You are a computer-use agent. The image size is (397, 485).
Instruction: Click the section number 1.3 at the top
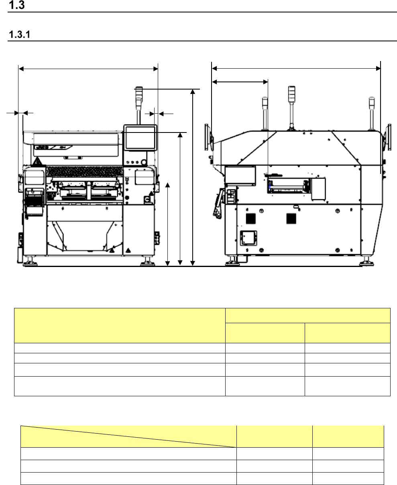tap(16, 5)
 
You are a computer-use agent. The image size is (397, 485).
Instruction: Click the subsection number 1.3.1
tap(20, 35)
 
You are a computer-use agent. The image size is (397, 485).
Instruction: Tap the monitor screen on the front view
tap(140, 138)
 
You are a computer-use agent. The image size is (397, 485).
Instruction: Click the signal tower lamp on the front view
tap(139, 94)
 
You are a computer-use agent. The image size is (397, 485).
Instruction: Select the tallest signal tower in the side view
tap(291, 108)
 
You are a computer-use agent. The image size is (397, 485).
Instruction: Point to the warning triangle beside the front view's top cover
tap(37, 161)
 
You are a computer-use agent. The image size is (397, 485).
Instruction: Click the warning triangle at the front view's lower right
tap(128, 251)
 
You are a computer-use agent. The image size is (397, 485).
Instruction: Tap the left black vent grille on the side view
tap(250, 218)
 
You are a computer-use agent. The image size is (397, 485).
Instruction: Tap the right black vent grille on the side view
tap(291, 218)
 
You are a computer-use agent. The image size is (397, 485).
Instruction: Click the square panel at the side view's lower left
tap(248, 238)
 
